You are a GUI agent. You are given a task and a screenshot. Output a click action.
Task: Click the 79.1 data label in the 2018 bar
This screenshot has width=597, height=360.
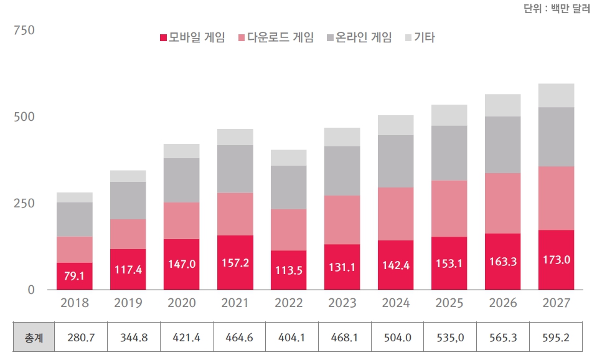pos(75,275)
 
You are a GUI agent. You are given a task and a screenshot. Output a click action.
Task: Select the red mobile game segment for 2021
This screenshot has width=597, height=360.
pos(235,262)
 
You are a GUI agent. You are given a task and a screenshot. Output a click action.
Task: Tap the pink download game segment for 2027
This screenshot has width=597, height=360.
pos(557,198)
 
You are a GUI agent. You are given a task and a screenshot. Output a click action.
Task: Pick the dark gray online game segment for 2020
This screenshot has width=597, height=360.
pos(182,180)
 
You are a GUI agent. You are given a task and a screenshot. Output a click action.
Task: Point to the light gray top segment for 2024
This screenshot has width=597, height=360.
pos(396,125)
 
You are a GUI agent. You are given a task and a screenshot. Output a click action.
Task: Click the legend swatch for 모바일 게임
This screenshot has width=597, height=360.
pos(164,38)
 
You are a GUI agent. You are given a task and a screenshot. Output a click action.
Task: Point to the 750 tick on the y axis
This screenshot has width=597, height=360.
pos(24,31)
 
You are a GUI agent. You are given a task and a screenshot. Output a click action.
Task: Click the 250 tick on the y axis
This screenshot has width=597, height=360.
pos(24,204)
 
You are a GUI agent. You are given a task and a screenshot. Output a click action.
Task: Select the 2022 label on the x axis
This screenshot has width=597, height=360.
pos(289,303)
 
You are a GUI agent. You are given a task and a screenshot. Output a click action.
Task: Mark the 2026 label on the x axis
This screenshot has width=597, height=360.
pos(503,303)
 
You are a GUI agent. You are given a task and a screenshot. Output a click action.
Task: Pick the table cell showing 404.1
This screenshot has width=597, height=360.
pos(289,338)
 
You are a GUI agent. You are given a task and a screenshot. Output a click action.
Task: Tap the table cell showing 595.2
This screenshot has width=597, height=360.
pos(557,338)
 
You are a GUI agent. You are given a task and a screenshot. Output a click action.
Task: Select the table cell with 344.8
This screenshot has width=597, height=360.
pos(128,338)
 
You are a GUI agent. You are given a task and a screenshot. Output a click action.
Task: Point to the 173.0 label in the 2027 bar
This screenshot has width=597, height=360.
pos(557,259)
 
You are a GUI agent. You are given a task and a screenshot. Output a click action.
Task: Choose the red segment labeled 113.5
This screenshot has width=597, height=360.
pos(289,270)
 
